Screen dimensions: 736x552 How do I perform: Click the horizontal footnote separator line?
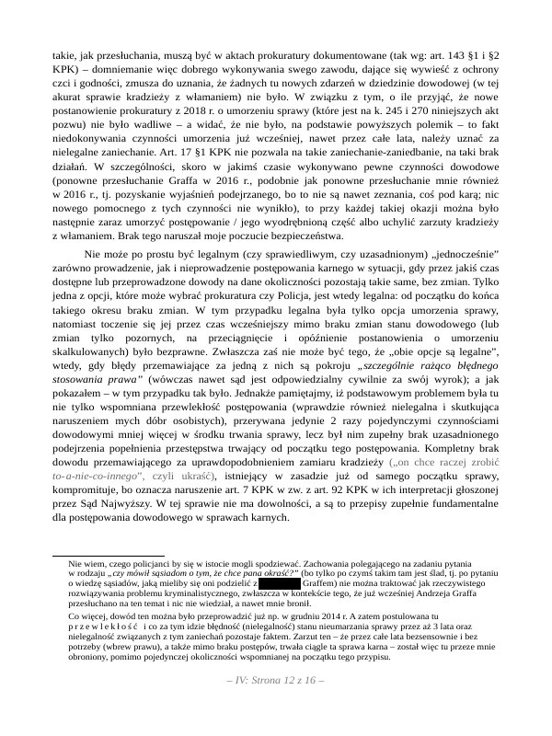(x=109, y=556)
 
